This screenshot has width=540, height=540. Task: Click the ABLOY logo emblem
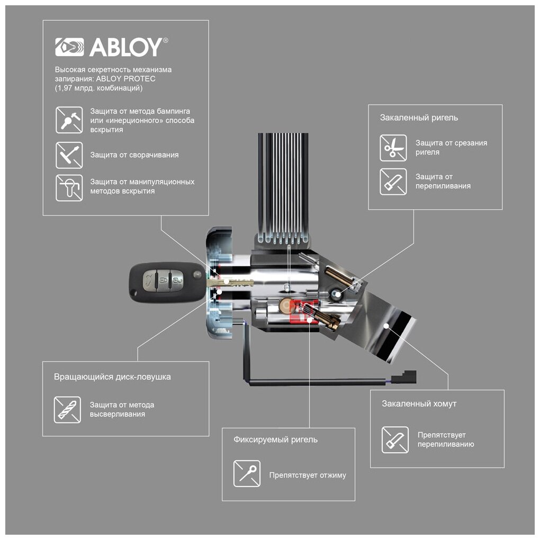tap(69, 47)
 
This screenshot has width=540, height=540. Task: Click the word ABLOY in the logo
tap(125, 48)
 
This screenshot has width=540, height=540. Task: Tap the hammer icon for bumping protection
tap(69, 120)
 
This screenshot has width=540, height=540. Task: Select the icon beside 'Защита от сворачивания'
tap(69, 155)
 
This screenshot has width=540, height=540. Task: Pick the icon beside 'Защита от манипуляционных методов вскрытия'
tap(69, 187)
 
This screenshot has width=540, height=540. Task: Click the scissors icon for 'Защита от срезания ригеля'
tap(393, 148)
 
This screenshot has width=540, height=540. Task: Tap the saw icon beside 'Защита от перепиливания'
tap(393, 182)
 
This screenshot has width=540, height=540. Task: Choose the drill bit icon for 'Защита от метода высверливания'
tap(67, 409)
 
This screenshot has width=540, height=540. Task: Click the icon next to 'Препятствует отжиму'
tap(247, 473)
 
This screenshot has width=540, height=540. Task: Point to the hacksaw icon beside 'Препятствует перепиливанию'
tap(395, 439)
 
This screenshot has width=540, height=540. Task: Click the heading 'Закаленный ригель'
tap(419, 118)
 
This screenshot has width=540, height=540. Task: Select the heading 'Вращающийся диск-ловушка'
tap(112, 377)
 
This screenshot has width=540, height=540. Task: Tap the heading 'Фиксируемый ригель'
tap(275, 439)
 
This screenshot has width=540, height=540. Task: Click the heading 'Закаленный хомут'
tap(419, 403)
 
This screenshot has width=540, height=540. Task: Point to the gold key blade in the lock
tap(233, 283)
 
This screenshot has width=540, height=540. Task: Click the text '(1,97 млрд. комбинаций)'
tap(98, 88)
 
